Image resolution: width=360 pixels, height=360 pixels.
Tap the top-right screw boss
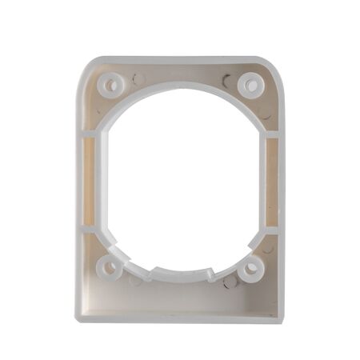[x=251, y=81]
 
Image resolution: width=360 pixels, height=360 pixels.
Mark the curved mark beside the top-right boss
[x=228, y=80]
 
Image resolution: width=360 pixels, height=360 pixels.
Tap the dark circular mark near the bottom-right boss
[x=230, y=282]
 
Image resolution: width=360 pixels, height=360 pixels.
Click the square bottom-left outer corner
[x=78, y=319]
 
